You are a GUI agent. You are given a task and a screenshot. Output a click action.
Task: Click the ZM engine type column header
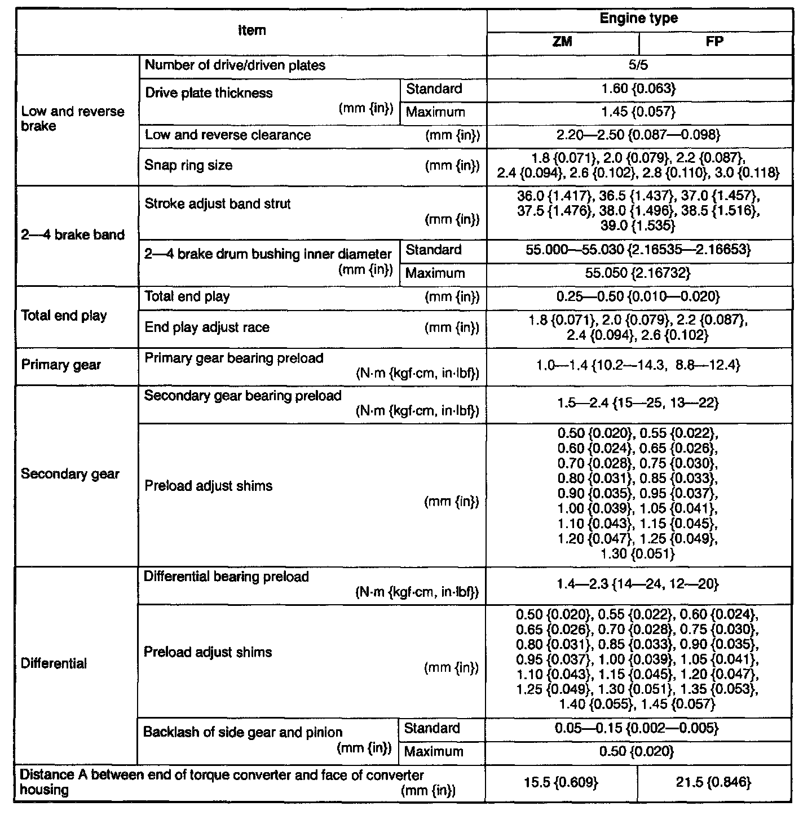pos(562,42)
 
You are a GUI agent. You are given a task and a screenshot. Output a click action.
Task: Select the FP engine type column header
pos(714,42)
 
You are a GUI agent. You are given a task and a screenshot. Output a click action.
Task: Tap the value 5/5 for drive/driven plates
pos(639,65)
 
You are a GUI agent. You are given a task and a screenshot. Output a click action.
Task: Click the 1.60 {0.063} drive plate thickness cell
pos(639,89)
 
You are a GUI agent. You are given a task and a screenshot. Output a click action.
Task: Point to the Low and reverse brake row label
pos(73,118)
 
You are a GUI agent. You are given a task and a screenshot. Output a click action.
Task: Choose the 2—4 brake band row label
pos(73,234)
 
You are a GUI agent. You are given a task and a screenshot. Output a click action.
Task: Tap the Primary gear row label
pos(61,365)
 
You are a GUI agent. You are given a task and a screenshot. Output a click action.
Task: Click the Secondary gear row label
pos(70,473)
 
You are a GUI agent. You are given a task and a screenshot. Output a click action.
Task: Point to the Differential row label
pos(54,663)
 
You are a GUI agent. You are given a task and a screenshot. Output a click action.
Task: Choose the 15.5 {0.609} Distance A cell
pos(561,782)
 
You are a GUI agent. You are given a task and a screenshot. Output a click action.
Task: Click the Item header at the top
pos(251,31)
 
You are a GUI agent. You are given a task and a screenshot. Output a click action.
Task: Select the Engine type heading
pos(639,19)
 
